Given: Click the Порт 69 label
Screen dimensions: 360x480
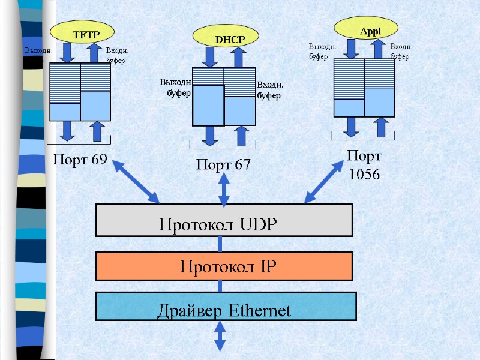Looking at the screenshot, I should pos(80,160).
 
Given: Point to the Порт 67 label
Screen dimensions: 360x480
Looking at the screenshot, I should pos(223,164).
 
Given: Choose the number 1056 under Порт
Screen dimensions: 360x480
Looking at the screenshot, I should pos(364,175).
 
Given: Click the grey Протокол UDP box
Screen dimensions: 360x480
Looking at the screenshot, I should pos(224,220).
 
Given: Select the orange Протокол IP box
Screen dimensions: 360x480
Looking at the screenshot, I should pos(224,266).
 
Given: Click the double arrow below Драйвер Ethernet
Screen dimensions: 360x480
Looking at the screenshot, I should pos(220,337).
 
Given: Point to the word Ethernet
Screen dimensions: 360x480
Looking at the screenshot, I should pos(260,311).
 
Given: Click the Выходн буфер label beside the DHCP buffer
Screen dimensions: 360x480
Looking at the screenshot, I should pos(175,88).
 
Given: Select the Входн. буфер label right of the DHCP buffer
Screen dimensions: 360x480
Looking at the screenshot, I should pos(270,91).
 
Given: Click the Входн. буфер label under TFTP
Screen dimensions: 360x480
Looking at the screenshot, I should pos(117,56).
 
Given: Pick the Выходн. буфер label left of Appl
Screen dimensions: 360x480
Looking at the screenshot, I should pos(322,52).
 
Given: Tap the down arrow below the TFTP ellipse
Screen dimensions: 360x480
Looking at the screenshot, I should pos(67,53).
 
